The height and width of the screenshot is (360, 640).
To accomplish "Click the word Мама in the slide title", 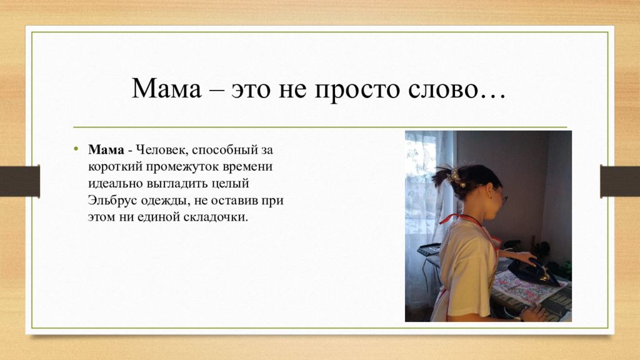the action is [x=166, y=88].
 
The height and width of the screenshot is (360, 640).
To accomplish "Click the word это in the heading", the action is [x=251, y=90].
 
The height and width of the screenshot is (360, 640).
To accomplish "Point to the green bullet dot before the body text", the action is [x=76, y=149].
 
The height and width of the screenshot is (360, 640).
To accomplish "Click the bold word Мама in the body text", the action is [x=106, y=150].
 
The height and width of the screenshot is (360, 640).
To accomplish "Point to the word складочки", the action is [x=216, y=217].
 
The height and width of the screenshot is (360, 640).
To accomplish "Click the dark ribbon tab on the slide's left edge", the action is [x=20, y=181].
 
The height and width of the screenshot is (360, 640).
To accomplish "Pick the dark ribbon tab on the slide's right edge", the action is [x=620, y=181].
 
